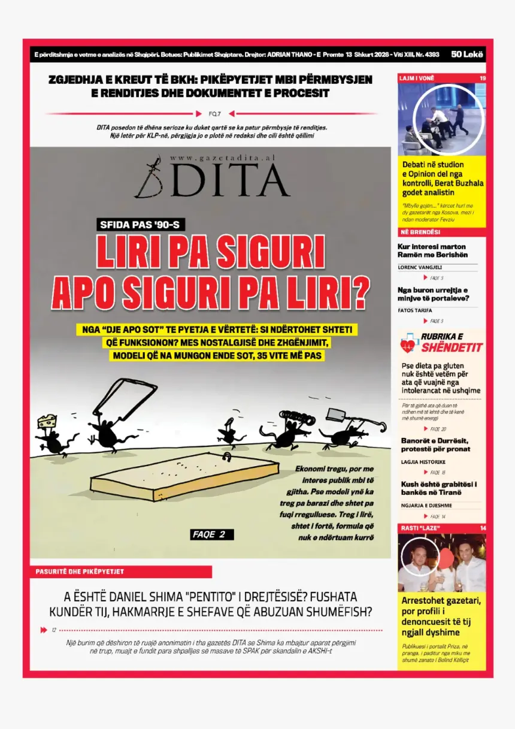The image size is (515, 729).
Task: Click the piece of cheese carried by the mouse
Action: (46, 421)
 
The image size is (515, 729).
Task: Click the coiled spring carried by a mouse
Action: (292, 416)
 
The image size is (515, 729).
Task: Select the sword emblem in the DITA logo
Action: (148, 177)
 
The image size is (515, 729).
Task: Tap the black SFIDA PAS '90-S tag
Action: (141, 225)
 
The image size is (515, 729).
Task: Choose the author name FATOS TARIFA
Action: (415, 310)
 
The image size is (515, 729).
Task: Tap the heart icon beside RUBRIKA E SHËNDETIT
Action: (408, 343)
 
